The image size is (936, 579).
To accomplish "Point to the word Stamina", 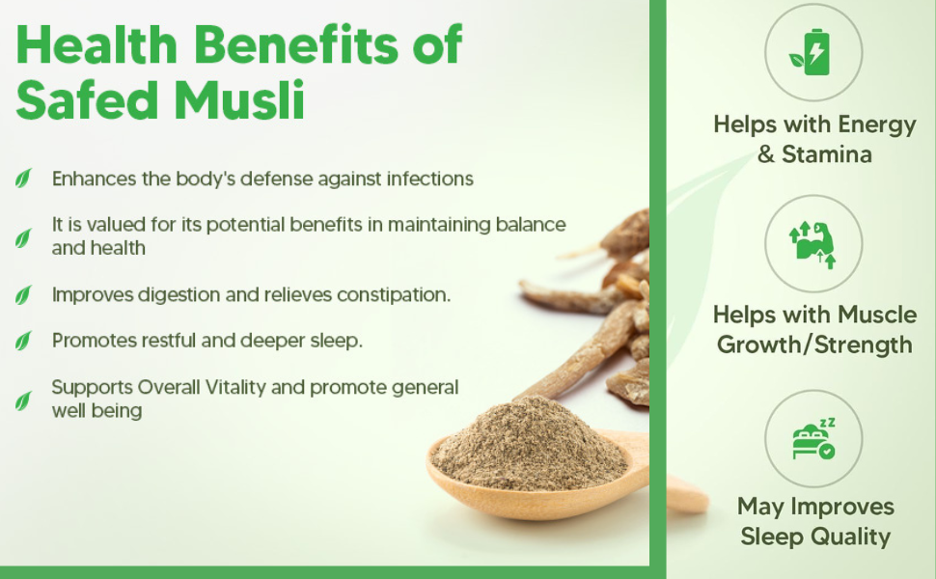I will point(826,154).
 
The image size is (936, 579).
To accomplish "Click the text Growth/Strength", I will point(813,345).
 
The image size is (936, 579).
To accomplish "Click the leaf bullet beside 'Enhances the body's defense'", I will point(23,179).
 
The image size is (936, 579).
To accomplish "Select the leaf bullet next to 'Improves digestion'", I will point(23,294).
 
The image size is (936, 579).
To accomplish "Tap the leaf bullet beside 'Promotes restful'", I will point(23,341).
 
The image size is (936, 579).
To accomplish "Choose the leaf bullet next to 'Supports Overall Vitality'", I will point(23,400).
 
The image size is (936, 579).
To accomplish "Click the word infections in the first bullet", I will point(428,179).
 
